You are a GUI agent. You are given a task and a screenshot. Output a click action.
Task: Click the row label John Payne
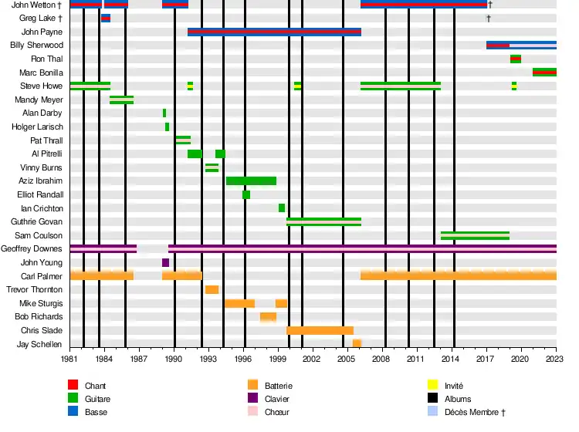42,32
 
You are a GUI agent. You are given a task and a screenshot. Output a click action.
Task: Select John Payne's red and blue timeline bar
274,32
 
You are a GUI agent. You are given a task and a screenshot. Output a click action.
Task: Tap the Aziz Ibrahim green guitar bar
251,181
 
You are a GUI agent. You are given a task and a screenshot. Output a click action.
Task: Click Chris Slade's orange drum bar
320,330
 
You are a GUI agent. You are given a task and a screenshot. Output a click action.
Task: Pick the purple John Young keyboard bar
165,262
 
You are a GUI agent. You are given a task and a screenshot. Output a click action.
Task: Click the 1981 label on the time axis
70,359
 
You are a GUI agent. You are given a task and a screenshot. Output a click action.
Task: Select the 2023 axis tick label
556,359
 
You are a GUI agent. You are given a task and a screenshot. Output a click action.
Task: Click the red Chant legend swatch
73,385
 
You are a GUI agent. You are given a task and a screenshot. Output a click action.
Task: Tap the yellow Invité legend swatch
432,385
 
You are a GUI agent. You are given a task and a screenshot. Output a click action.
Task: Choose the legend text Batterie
278,386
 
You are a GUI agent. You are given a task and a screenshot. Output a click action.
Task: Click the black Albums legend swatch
432,398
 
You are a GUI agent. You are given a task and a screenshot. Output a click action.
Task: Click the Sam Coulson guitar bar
475,235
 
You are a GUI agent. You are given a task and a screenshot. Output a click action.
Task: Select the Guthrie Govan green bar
323,221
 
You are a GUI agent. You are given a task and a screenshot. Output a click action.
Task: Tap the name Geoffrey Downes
32,248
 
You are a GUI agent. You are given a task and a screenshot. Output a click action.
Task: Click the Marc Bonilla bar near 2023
544,73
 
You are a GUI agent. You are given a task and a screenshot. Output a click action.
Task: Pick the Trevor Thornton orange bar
212,289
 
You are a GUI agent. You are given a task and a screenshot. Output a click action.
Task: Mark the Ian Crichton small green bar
282,208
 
